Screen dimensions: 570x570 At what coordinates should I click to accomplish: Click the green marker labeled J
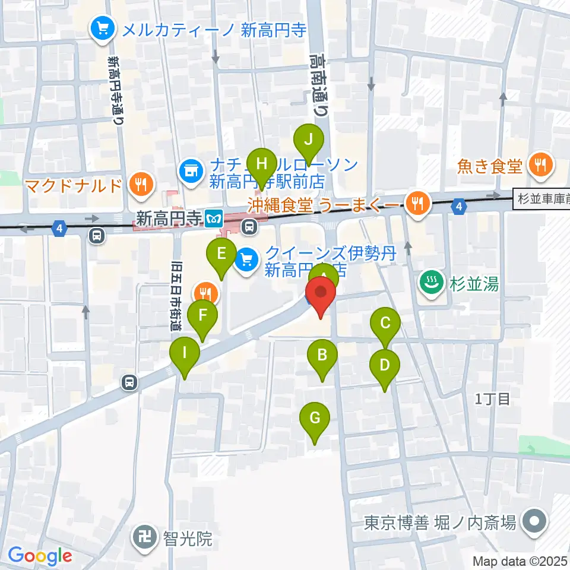point(309,141)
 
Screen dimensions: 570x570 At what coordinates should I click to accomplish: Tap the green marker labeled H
point(262,162)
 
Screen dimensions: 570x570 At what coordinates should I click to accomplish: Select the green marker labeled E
point(221,255)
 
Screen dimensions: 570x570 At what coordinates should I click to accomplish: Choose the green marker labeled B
point(322,356)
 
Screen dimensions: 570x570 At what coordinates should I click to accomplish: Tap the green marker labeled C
point(385,324)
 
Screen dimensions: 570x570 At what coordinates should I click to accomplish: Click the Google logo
point(40,556)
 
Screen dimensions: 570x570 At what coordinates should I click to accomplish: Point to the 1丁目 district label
point(492,399)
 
